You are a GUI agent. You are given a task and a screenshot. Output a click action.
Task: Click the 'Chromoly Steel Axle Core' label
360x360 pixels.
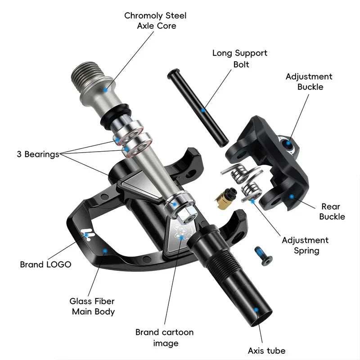(x=155, y=21)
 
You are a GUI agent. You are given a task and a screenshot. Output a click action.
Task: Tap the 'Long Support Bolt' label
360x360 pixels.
(x=240, y=58)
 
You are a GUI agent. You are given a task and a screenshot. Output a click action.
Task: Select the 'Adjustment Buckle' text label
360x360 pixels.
(x=309, y=81)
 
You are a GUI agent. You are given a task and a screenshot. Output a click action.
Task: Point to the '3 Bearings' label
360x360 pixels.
(x=38, y=154)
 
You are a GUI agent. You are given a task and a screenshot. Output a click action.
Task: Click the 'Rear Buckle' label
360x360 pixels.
(x=332, y=211)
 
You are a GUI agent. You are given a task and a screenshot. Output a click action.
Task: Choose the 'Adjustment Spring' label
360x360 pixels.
(x=305, y=245)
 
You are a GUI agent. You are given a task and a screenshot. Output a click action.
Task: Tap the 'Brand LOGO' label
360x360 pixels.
(x=45, y=265)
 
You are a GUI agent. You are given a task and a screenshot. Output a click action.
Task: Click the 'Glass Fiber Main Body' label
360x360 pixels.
(x=92, y=306)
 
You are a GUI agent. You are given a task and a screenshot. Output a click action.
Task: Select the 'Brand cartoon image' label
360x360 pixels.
(x=164, y=338)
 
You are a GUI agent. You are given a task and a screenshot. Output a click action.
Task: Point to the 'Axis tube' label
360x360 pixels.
(x=266, y=351)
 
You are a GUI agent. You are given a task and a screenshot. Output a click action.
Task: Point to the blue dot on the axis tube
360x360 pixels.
(x=256, y=310)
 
